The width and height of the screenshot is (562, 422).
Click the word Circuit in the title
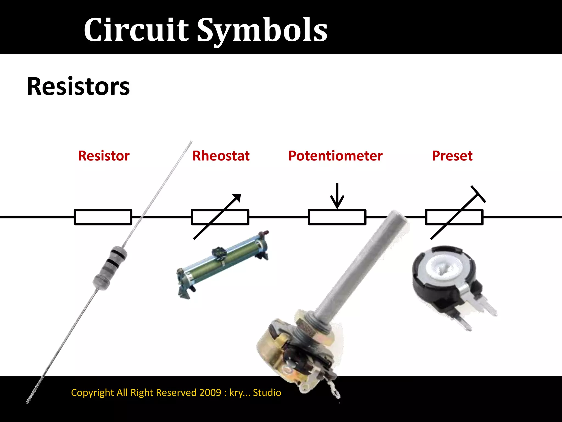(x=136, y=30)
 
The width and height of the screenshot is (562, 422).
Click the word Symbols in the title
(x=262, y=30)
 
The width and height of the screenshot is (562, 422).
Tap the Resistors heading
(x=78, y=87)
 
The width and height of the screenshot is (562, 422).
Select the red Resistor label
(x=104, y=156)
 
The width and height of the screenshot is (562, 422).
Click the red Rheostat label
(x=221, y=156)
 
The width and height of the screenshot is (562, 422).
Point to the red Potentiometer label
(x=335, y=156)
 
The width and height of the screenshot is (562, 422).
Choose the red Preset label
(x=452, y=156)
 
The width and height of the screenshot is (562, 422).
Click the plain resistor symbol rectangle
(x=103, y=217)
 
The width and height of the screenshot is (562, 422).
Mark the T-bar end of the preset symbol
(x=478, y=194)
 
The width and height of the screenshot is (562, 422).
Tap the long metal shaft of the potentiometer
(x=362, y=264)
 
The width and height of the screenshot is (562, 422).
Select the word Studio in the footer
(x=267, y=393)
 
